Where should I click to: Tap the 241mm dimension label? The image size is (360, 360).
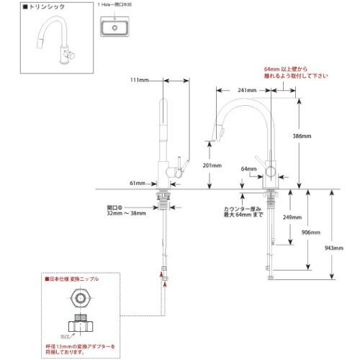tap(248, 90)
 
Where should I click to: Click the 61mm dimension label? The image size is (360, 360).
tap(138, 183)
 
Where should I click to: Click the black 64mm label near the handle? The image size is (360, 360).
tap(249, 169)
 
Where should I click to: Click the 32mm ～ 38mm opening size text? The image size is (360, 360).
tap(127, 213)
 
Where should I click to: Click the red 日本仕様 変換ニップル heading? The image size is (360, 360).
tap(73, 278)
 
